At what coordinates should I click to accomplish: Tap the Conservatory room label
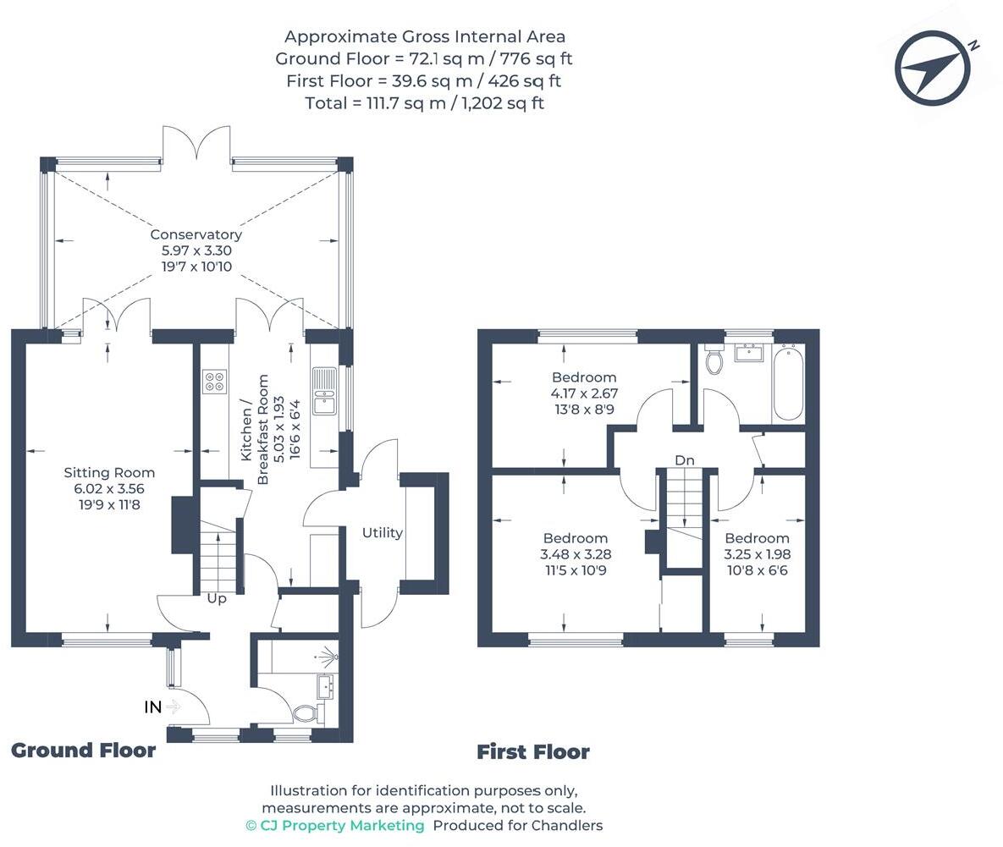pyautogui.click(x=196, y=234)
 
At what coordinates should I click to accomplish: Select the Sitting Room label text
pyautogui.click(x=109, y=472)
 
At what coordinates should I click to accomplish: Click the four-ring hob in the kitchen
pyautogui.click(x=214, y=382)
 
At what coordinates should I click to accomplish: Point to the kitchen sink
pyautogui.click(x=323, y=391)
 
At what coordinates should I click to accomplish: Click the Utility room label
pyautogui.click(x=383, y=533)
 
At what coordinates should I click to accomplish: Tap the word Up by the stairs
pyautogui.click(x=217, y=598)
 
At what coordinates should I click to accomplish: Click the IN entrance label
pyautogui.click(x=152, y=707)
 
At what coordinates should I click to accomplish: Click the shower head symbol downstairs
pyautogui.click(x=330, y=656)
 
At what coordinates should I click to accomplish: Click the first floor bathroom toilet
pyautogui.click(x=714, y=360)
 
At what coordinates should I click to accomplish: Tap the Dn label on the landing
pyautogui.click(x=685, y=460)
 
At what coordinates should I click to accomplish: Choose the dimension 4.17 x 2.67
pyautogui.click(x=584, y=393)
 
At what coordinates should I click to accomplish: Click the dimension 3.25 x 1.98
pyautogui.click(x=757, y=554)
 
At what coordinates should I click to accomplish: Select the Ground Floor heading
pyautogui.click(x=83, y=751)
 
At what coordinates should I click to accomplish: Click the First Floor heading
pyautogui.click(x=532, y=751)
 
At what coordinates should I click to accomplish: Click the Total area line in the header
pyautogui.click(x=424, y=103)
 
